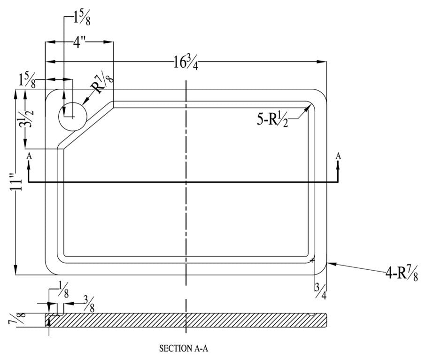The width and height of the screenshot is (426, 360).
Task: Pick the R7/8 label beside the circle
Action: [102, 83]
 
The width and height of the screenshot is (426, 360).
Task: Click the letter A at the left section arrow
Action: [29, 155]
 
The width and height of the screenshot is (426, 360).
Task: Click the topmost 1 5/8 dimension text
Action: [80, 18]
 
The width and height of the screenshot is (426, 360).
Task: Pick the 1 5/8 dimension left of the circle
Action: [27, 80]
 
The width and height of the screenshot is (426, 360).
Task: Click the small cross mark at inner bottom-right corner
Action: [312, 259]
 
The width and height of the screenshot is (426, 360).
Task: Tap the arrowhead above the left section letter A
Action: [29, 163]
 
